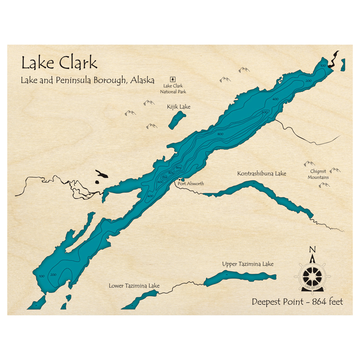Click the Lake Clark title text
click(59, 63)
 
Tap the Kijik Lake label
click(179, 107)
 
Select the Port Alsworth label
click(191, 184)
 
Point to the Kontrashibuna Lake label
click(262, 174)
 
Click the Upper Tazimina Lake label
click(248, 264)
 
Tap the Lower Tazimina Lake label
click(134, 286)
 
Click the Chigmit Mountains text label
click(318, 175)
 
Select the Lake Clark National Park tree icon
click(173, 79)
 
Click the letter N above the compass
click(312, 249)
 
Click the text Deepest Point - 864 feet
click(297, 302)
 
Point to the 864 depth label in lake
click(178, 168)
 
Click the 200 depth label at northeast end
click(309, 81)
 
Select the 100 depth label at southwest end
click(41, 276)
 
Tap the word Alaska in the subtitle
click(143, 80)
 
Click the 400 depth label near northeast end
click(276, 99)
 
